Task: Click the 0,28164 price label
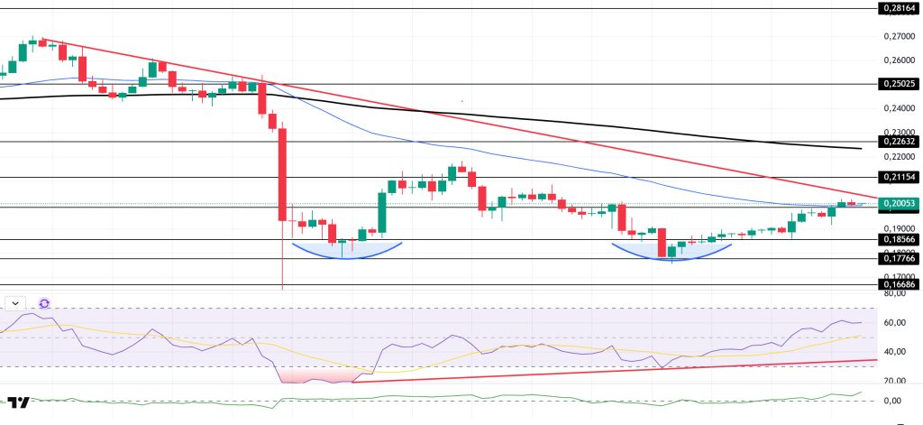[899, 9]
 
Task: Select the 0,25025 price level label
[899, 84]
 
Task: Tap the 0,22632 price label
[899, 141]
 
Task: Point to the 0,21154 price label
[899, 177]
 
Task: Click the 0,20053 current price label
[899, 205]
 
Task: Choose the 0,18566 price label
[899, 239]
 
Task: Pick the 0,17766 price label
[899, 258]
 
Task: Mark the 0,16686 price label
[899, 284]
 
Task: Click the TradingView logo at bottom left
[19, 402]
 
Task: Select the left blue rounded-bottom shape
[342, 250]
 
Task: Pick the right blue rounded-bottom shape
[672, 252]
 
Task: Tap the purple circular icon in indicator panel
[44, 304]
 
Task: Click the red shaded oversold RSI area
[311, 374]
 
